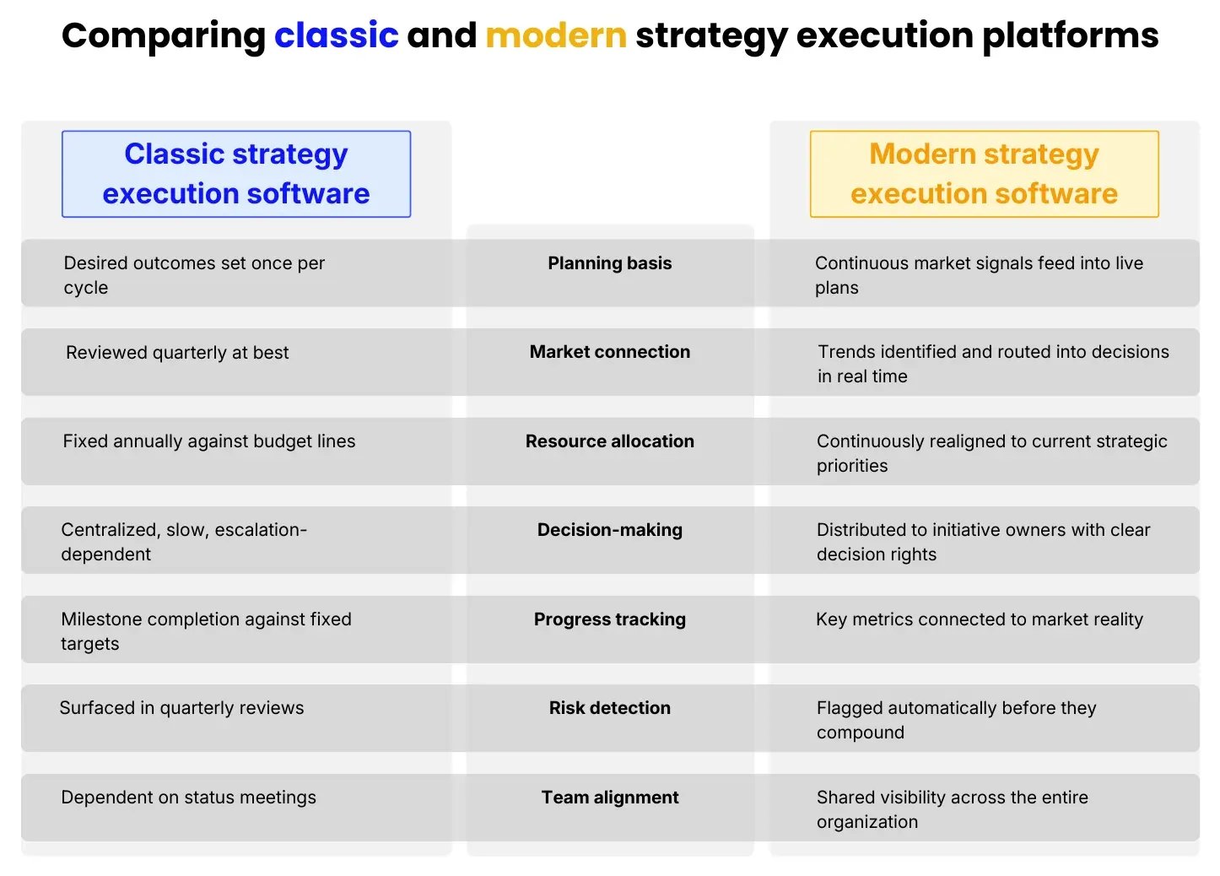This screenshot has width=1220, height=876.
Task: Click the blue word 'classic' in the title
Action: pos(336,35)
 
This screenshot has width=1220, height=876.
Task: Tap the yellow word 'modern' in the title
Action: pos(556,35)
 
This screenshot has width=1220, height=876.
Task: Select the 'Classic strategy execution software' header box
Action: pos(236,174)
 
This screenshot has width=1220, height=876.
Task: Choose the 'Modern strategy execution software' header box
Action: pos(984,174)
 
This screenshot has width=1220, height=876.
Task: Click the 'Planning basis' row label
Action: pos(609,263)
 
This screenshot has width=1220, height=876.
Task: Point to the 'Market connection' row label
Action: pos(609,352)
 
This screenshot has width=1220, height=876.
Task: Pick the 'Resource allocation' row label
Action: pos(609,441)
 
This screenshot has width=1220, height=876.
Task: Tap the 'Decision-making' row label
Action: pos(609,530)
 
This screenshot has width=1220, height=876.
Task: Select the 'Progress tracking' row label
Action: pos(609,619)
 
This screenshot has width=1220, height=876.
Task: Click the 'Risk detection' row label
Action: pos(609,708)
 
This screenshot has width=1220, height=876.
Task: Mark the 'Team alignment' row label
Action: pos(609,798)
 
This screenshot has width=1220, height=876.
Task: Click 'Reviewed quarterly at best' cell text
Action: pos(177,353)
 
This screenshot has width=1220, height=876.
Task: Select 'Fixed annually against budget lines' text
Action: pos(209,441)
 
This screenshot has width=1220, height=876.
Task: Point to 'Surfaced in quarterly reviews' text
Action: pos(181,708)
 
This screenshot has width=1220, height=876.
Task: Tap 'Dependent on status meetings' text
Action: pos(188,798)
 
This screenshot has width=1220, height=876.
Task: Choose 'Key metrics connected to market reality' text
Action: pos(979,619)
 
